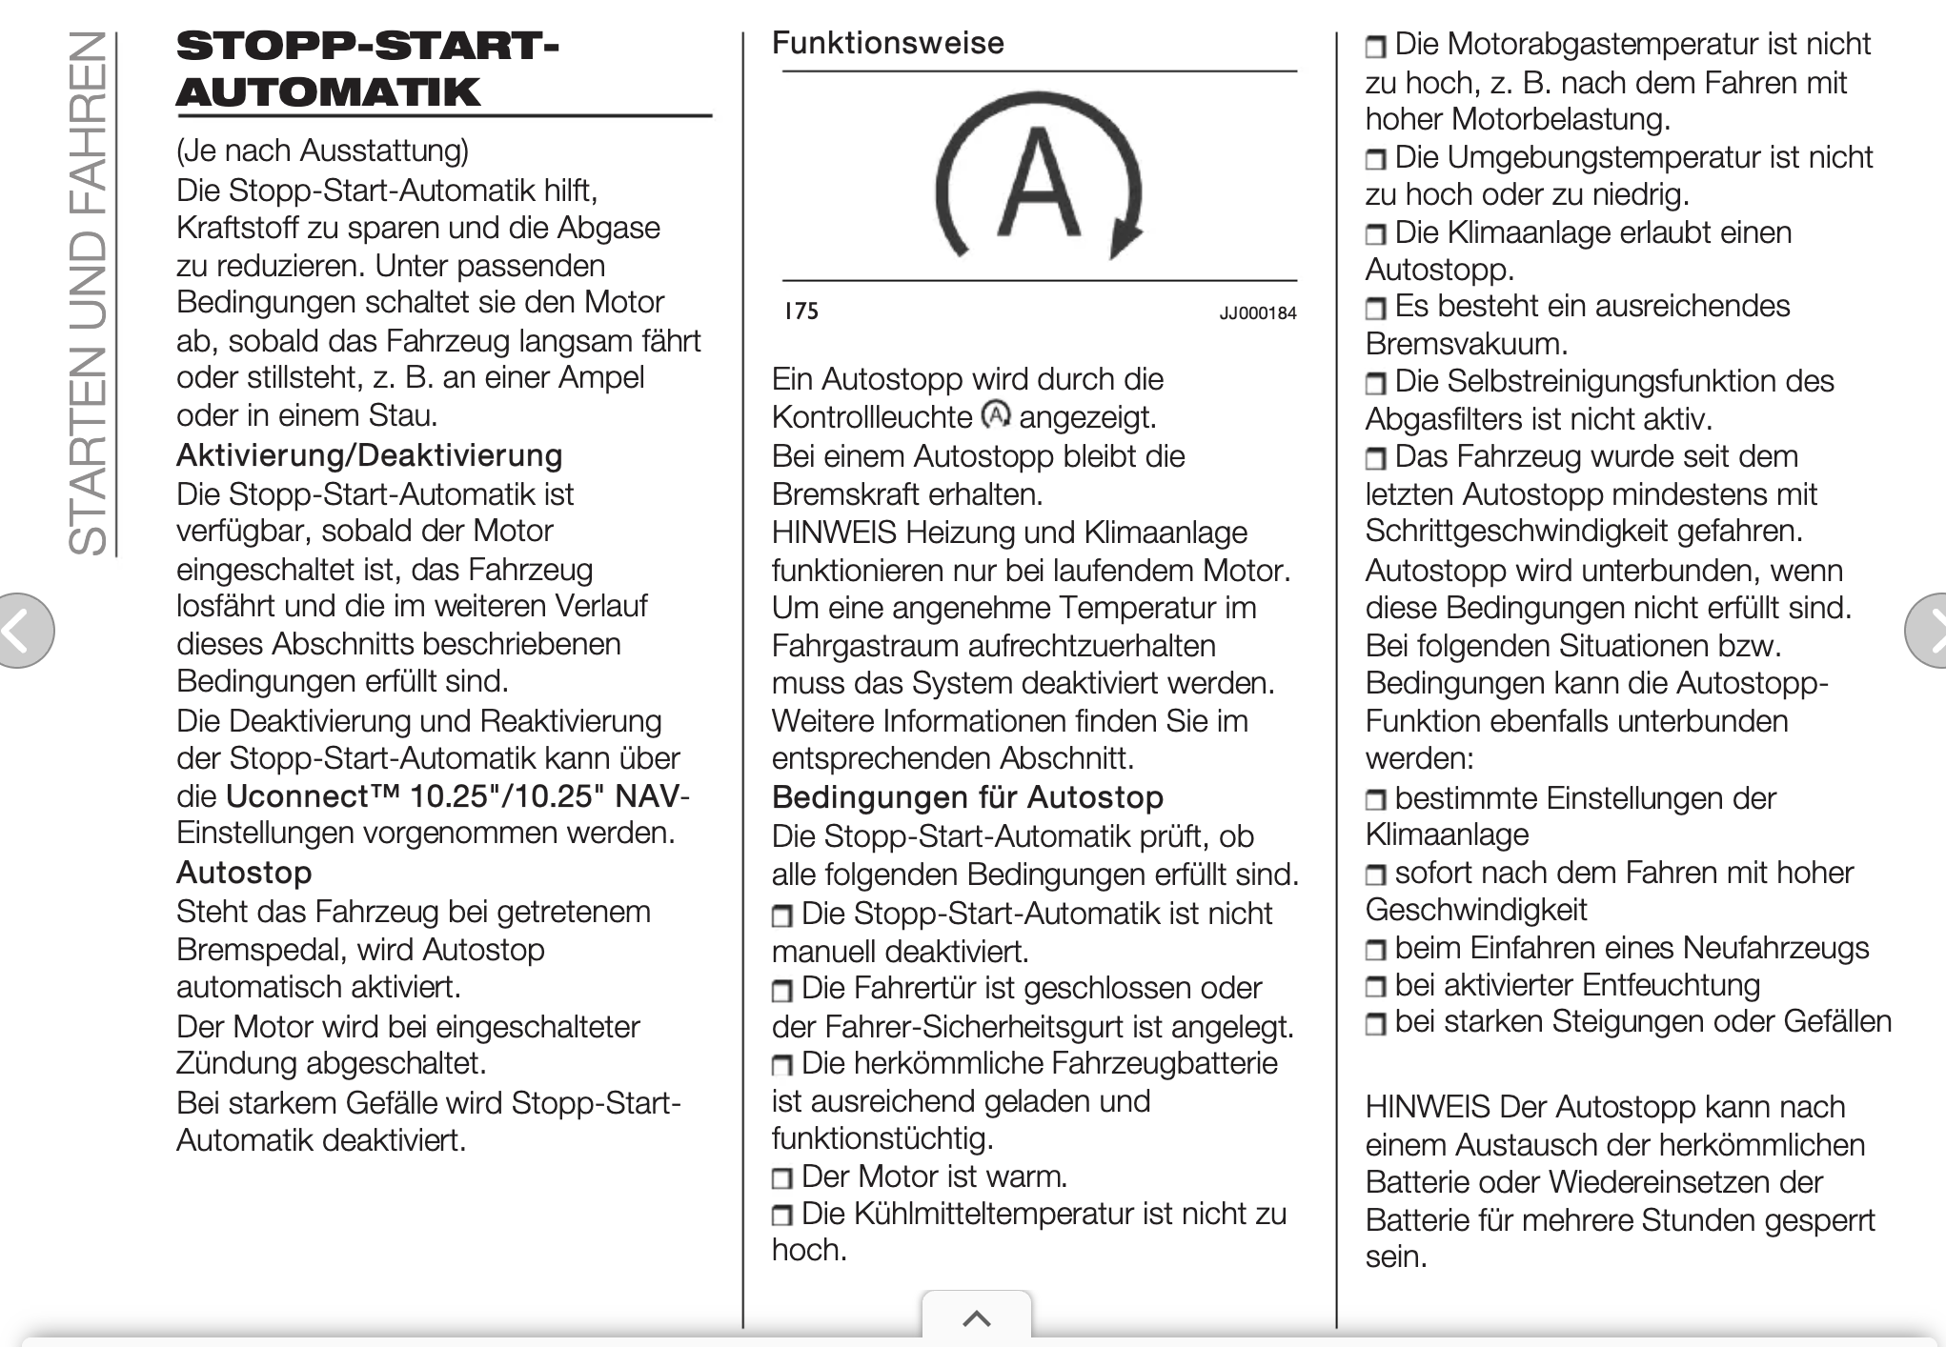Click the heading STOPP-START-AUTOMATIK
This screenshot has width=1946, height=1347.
[x=368, y=69]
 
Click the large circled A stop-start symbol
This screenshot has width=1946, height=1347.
[x=1039, y=177]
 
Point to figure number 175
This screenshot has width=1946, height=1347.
[x=801, y=312]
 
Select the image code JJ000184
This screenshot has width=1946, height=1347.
[x=1257, y=313]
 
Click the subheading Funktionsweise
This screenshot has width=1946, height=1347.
[x=887, y=43]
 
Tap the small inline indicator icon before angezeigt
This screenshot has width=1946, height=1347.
[x=996, y=415]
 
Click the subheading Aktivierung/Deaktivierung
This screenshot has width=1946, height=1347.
[x=369, y=455]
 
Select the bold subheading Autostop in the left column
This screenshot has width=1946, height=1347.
[x=244, y=872]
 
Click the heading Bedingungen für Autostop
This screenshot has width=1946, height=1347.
[x=967, y=796]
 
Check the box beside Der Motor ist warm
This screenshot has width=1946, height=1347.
[x=781, y=1178]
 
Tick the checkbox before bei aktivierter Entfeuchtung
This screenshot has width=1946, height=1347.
[x=1375, y=987]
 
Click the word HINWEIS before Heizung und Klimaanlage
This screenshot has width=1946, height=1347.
[x=834, y=532]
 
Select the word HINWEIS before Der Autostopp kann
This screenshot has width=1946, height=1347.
[x=1427, y=1107]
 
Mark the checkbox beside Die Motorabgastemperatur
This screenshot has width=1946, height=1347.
[x=1375, y=47]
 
